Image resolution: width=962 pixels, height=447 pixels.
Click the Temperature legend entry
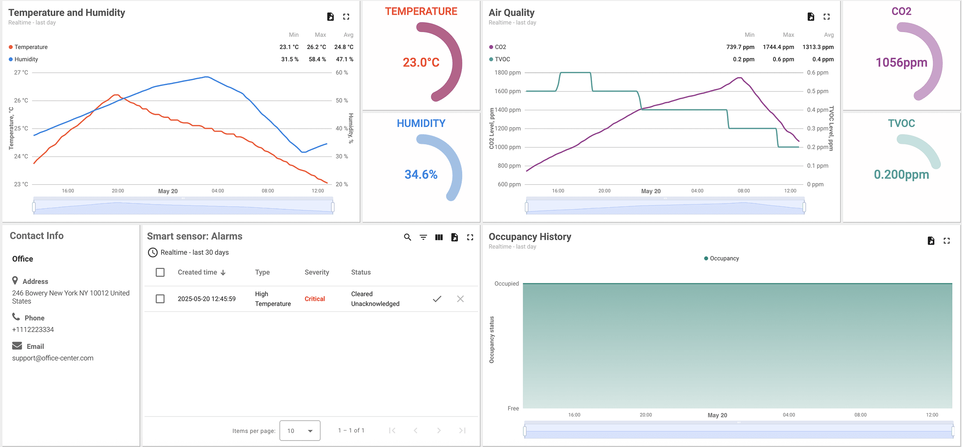[x=31, y=47]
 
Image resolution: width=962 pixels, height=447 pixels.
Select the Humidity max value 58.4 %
[x=317, y=59]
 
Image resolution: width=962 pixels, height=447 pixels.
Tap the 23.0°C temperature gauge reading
[x=421, y=63]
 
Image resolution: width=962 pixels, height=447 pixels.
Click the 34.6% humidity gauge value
[x=421, y=174]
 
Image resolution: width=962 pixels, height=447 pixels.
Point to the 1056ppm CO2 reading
[x=901, y=63]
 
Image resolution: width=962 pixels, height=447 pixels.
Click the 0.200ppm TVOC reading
[x=901, y=174]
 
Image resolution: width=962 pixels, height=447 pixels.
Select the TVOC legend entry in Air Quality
[x=502, y=59]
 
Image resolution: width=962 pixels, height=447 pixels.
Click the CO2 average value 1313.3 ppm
[x=818, y=47]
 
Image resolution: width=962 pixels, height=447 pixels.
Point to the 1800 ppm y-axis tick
[x=507, y=73]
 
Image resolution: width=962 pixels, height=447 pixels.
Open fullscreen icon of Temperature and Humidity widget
[x=346, y=17]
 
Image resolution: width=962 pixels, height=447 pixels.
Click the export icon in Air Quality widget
[x=811, y=17]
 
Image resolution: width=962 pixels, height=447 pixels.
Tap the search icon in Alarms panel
[x=407, y=237]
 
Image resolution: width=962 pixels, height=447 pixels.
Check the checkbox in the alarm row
[x=160, y=299]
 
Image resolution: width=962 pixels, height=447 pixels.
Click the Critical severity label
[x=315, y=299]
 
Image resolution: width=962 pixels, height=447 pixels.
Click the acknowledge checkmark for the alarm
[x=437, y=299]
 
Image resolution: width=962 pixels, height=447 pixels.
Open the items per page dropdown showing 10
[x=300, y=431]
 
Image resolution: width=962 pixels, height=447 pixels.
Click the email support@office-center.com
[x=53, y=358]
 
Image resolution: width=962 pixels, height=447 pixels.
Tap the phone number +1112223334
[x=33, y=329]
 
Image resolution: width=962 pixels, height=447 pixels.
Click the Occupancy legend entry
[x=724, y=259]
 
